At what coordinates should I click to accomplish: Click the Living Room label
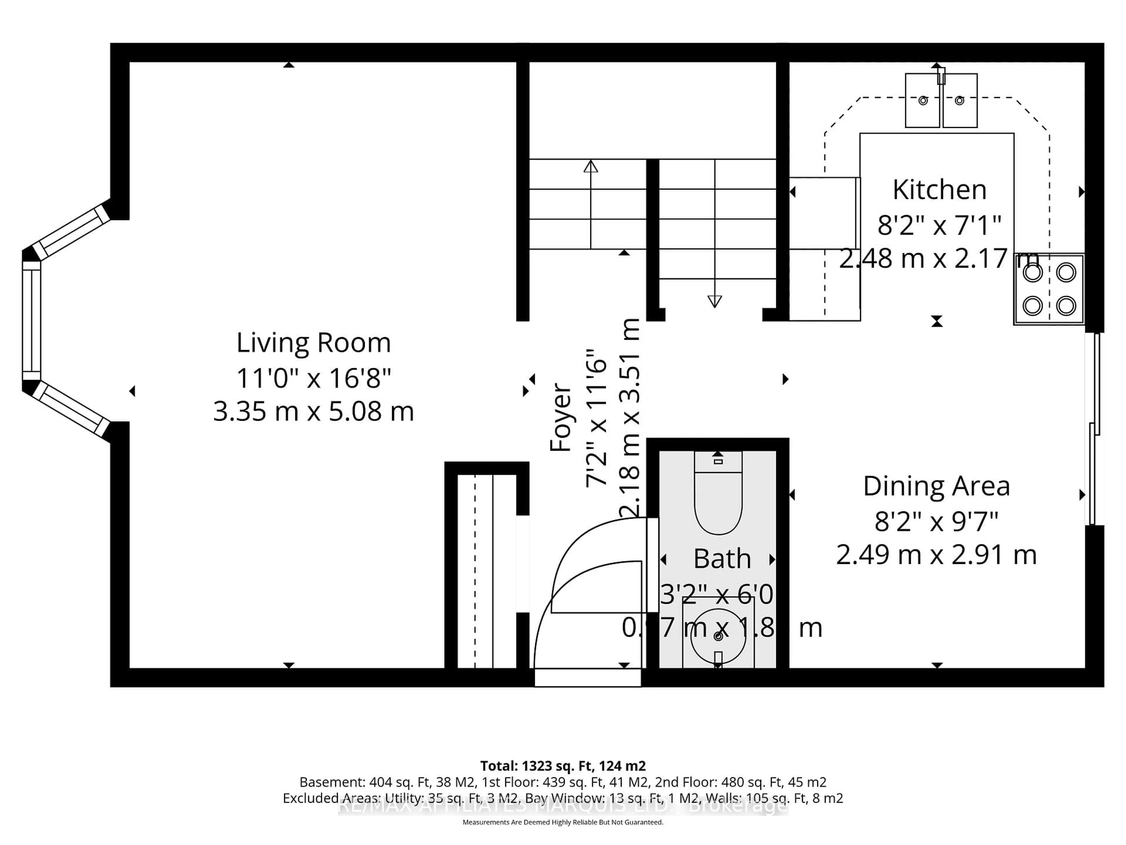coord(313,343)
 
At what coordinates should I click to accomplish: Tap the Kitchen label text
coord(939,190)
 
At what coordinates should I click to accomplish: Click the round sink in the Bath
coord(718,637)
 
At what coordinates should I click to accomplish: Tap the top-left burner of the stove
coord(1033,273)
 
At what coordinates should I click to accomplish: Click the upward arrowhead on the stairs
coord(591,167)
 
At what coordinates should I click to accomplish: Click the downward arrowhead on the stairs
coord(715,302)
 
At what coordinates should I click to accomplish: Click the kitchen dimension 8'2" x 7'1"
coord(939,225)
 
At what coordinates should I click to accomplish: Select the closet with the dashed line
coord(481,570)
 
